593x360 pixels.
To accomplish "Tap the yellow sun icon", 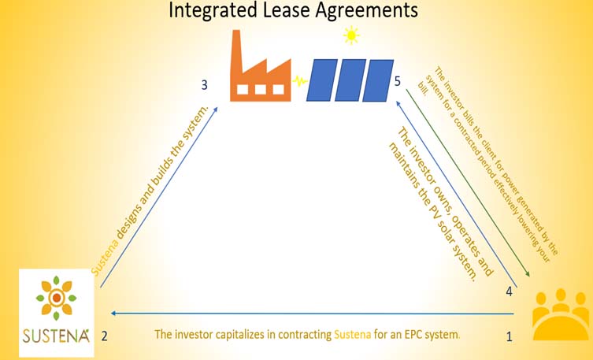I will [x=350, y=35].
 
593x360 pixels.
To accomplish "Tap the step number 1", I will [x=509, y=337].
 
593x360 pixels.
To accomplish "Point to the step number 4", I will [x=510, y=291].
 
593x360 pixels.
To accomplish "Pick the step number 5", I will [x=398, y=81].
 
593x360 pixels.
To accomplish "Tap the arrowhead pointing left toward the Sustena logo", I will [x=113, y=313].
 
